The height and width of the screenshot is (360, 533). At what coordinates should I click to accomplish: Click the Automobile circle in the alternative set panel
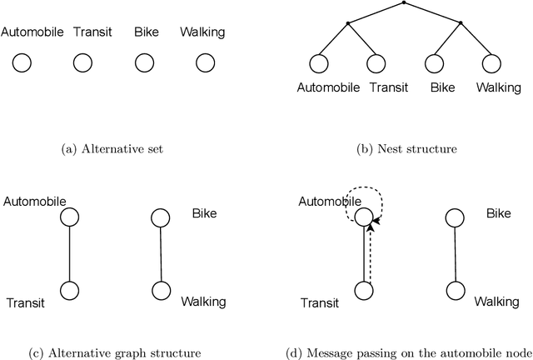[x=22, y=62]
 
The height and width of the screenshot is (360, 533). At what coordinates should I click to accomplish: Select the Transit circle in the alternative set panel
[x=82, y=62]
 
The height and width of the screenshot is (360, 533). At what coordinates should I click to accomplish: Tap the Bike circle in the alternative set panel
[x=144, y=62]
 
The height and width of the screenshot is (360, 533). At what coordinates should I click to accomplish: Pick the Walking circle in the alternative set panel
[x=204, y=62]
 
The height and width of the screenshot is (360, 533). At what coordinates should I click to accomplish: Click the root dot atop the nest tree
[x=404, y=3]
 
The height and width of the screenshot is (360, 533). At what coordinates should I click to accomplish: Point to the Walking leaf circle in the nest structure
[x=491, y=62]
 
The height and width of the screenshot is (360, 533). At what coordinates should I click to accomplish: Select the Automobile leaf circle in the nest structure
[x=318, y=62]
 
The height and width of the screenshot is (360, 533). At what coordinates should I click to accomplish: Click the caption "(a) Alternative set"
[x=113, y=148]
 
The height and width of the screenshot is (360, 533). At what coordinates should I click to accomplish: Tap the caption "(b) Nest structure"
[x=404, y=148]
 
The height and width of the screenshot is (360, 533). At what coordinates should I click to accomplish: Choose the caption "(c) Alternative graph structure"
[x=112, y=352]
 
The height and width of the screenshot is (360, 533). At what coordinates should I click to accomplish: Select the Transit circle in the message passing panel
[x=363, y=291]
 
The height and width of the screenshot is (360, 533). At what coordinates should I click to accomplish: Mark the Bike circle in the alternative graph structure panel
[x=161, y=217]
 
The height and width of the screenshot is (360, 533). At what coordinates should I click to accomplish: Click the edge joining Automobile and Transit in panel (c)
[x=70, y=254]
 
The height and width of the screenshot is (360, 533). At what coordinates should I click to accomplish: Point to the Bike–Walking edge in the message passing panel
[x=454, y=254]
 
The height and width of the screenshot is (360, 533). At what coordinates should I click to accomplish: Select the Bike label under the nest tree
[x=431, y=86]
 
